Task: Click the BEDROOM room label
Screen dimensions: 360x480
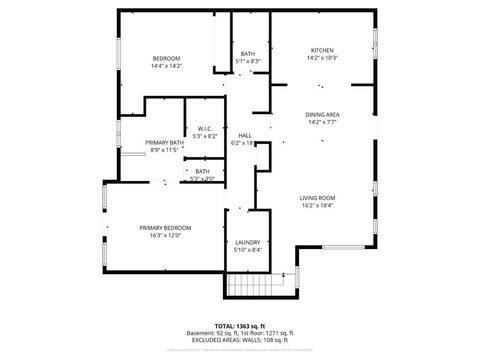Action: click(166, 59)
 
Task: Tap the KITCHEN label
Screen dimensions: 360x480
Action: click(321, 50)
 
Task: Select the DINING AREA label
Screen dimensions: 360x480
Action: click(322, 115)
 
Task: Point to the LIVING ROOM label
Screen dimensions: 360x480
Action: click(317, 198)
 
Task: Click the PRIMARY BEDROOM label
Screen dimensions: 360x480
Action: click(165, 228)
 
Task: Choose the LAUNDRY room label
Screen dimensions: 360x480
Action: click(248, 243)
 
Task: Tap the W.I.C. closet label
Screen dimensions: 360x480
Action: click(203, 129)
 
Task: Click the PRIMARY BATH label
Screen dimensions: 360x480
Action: click(162, 143)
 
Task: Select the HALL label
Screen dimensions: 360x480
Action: click(244, 136)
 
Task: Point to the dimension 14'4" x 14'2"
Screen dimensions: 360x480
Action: click(166, 67)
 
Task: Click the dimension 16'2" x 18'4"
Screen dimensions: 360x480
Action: click(317, 206)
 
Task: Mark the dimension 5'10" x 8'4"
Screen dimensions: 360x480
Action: click(248, 251)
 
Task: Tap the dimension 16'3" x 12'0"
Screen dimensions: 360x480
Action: click(165, 236)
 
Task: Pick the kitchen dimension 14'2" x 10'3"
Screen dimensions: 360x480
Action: click(321, 58)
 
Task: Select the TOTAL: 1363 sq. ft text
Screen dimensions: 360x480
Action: click(240, 325)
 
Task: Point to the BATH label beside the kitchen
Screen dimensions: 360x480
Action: click(248, 54)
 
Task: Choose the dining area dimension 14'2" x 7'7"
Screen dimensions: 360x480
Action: click(322, 123)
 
